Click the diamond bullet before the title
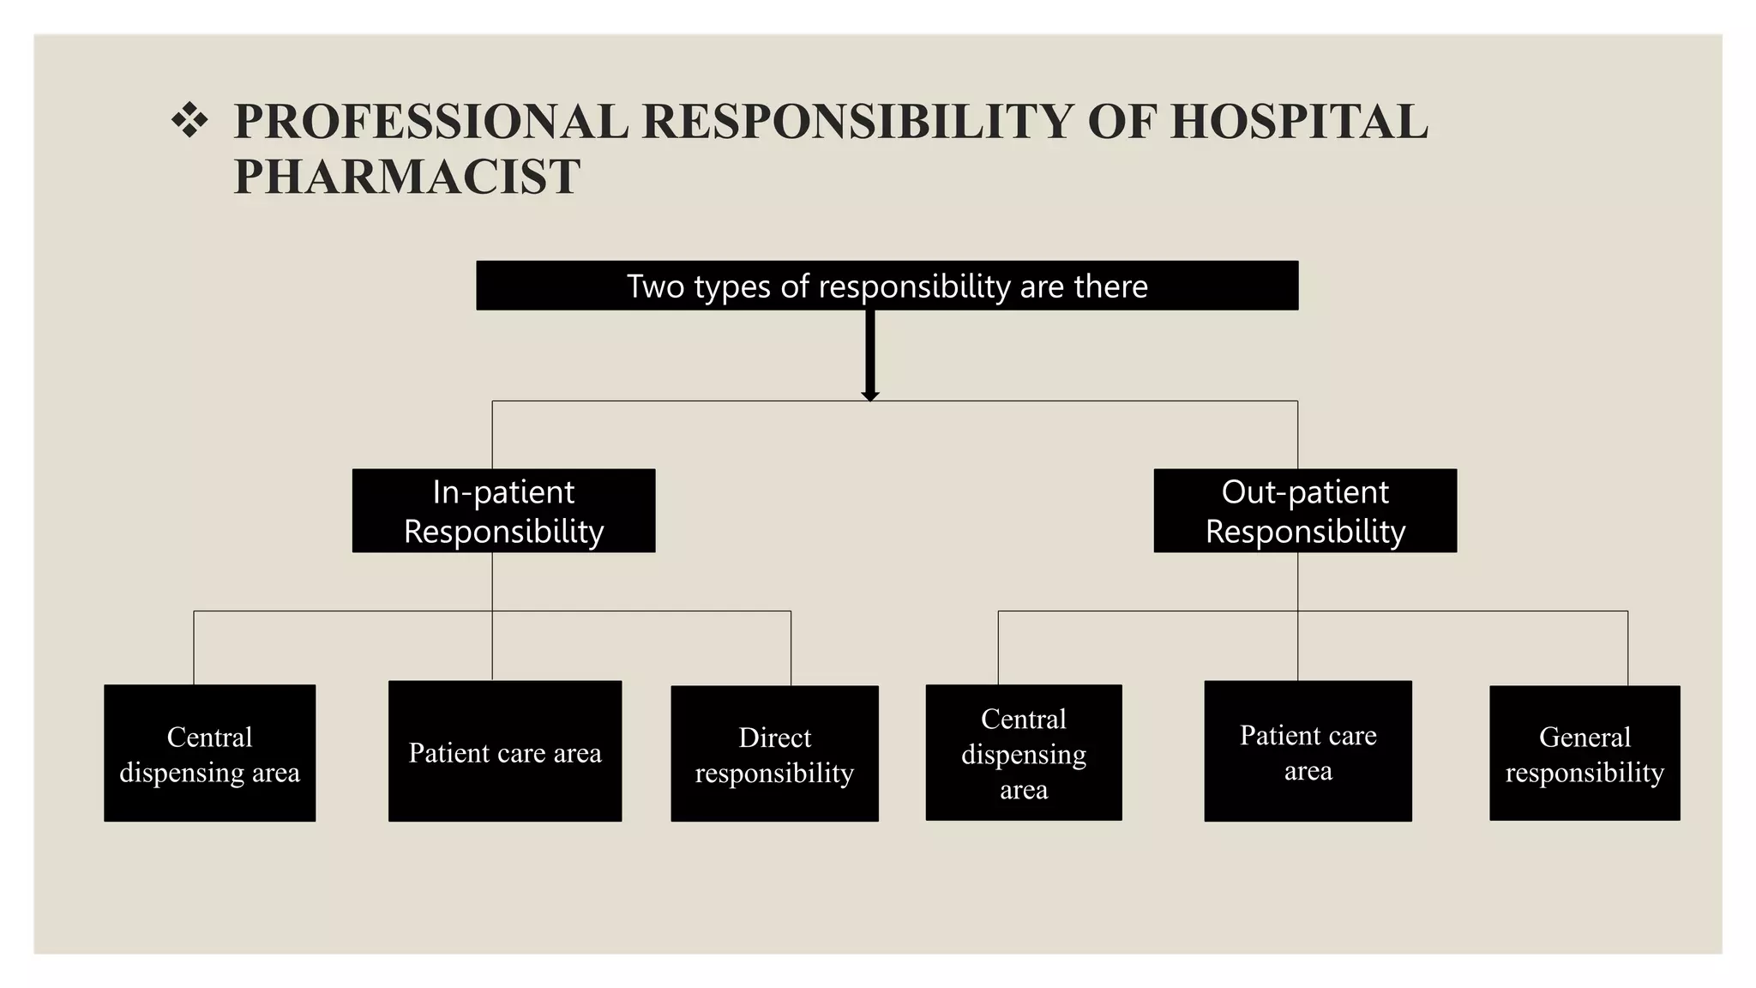point(189,121)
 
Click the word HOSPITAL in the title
point(1300,121)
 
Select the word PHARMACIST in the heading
point(406,177)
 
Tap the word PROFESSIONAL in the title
point(431,121)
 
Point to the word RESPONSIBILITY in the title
point(857,121)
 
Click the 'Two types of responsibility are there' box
point(887,286)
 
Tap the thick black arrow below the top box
point(870,355)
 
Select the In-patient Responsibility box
point(504,510)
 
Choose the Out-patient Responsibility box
point(1305,510)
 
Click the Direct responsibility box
point(774,754)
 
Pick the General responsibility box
point(1585,753)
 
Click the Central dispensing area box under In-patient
point(210,753)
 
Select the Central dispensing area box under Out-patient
point(1024,752)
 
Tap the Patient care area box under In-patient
point(505,751)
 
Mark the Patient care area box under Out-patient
point(1308,751)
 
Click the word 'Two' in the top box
point(656,286)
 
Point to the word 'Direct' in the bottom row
point(775,738)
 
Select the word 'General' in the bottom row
point(1585,737)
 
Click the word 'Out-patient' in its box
point(1305,492)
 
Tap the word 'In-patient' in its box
point(504,492)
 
